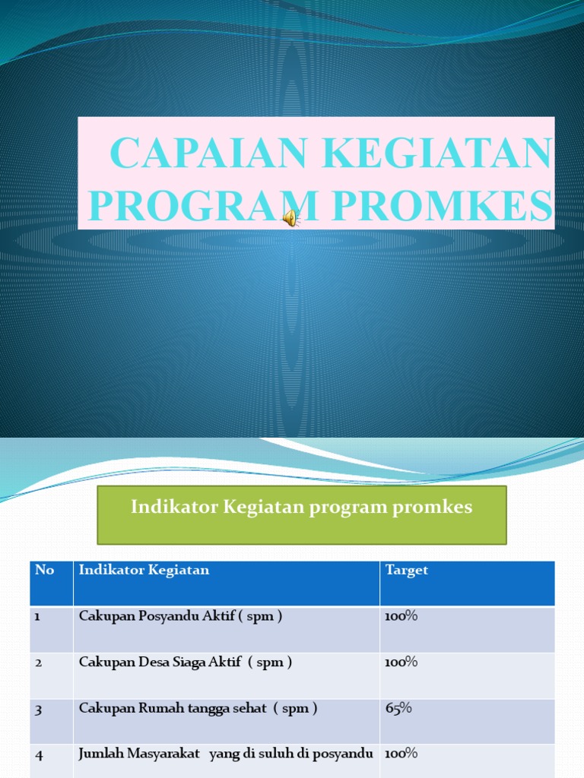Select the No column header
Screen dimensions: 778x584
(44, 570)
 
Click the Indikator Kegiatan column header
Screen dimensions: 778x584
(144, 570)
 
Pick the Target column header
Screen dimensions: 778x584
(407, 570)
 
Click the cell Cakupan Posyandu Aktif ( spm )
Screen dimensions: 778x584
(180, 616)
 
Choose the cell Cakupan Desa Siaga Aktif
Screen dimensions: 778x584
(185, 662)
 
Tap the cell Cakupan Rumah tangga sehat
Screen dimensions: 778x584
(198, 708)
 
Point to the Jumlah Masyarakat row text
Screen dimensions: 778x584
(225, 754)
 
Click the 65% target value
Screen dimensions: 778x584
(398, 708)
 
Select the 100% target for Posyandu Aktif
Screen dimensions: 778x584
(401, 616)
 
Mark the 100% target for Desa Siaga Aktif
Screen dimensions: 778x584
(401, 662)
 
